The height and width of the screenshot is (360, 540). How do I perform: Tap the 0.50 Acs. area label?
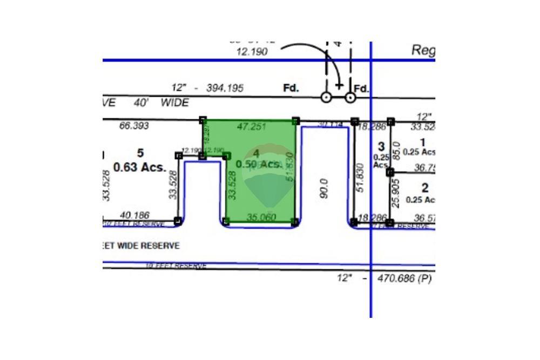click(x=259, y=164)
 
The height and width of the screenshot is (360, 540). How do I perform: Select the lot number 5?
click(x=140, y=153)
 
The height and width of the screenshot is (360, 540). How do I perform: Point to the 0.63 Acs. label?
click(x=139, y=167)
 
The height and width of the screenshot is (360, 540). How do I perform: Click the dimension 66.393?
click(x=133, y=126)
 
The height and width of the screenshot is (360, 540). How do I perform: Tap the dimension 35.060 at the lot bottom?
click(x=261, y=217)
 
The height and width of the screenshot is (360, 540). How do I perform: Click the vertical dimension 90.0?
click(x=324, y=189)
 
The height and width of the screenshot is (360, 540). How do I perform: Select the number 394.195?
click(x=225, y=87)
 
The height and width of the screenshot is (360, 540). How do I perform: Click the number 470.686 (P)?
click(x=399, y=279)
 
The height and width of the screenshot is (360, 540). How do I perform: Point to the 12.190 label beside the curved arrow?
click(x=252, y=52)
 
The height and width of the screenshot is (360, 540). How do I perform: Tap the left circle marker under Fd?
click(x=326, y=97)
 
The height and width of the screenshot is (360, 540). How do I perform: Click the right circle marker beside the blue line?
click(x=350, y=97)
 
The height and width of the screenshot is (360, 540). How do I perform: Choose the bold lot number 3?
click(x=381, y=146)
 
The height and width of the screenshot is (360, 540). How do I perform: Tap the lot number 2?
click(x=425, y=188)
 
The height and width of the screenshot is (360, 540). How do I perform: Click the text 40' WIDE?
click(x=161, y=102)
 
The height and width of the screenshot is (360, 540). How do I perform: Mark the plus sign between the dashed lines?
click(x=339, y=85)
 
